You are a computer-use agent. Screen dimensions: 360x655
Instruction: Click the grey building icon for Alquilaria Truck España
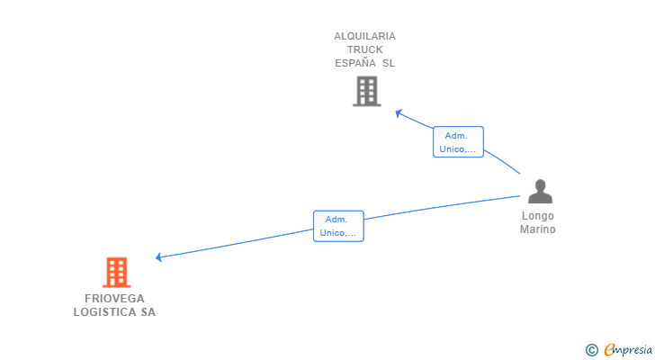(366, 91)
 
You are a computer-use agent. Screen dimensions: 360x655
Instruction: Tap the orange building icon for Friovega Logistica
(116, 272)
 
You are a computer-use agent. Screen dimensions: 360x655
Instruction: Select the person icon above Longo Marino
(540, 192)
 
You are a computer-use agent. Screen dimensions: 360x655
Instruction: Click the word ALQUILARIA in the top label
(364, 36)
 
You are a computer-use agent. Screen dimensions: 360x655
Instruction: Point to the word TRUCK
(364, 49)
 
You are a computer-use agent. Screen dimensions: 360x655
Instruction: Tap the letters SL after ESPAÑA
(388, 64)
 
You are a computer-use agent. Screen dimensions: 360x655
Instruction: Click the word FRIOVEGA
(114, 299)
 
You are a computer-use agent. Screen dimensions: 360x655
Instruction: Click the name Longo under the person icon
(538, 216)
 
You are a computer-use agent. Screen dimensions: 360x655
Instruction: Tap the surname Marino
(538, 229)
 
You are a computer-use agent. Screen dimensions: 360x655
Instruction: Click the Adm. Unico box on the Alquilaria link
(458, 142)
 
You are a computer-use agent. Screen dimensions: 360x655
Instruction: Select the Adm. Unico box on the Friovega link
(338, 226)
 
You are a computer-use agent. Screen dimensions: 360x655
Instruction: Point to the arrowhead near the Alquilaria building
(399, 113)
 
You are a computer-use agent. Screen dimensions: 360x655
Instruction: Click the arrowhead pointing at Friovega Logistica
(159, 257)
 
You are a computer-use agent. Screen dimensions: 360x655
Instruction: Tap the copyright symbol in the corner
(591, 349)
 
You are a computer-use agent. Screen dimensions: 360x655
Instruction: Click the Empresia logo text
(627, 349)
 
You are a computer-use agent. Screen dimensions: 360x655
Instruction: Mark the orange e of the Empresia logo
(609, 349)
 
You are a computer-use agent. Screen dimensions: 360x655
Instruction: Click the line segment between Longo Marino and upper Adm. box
(502, 163)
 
